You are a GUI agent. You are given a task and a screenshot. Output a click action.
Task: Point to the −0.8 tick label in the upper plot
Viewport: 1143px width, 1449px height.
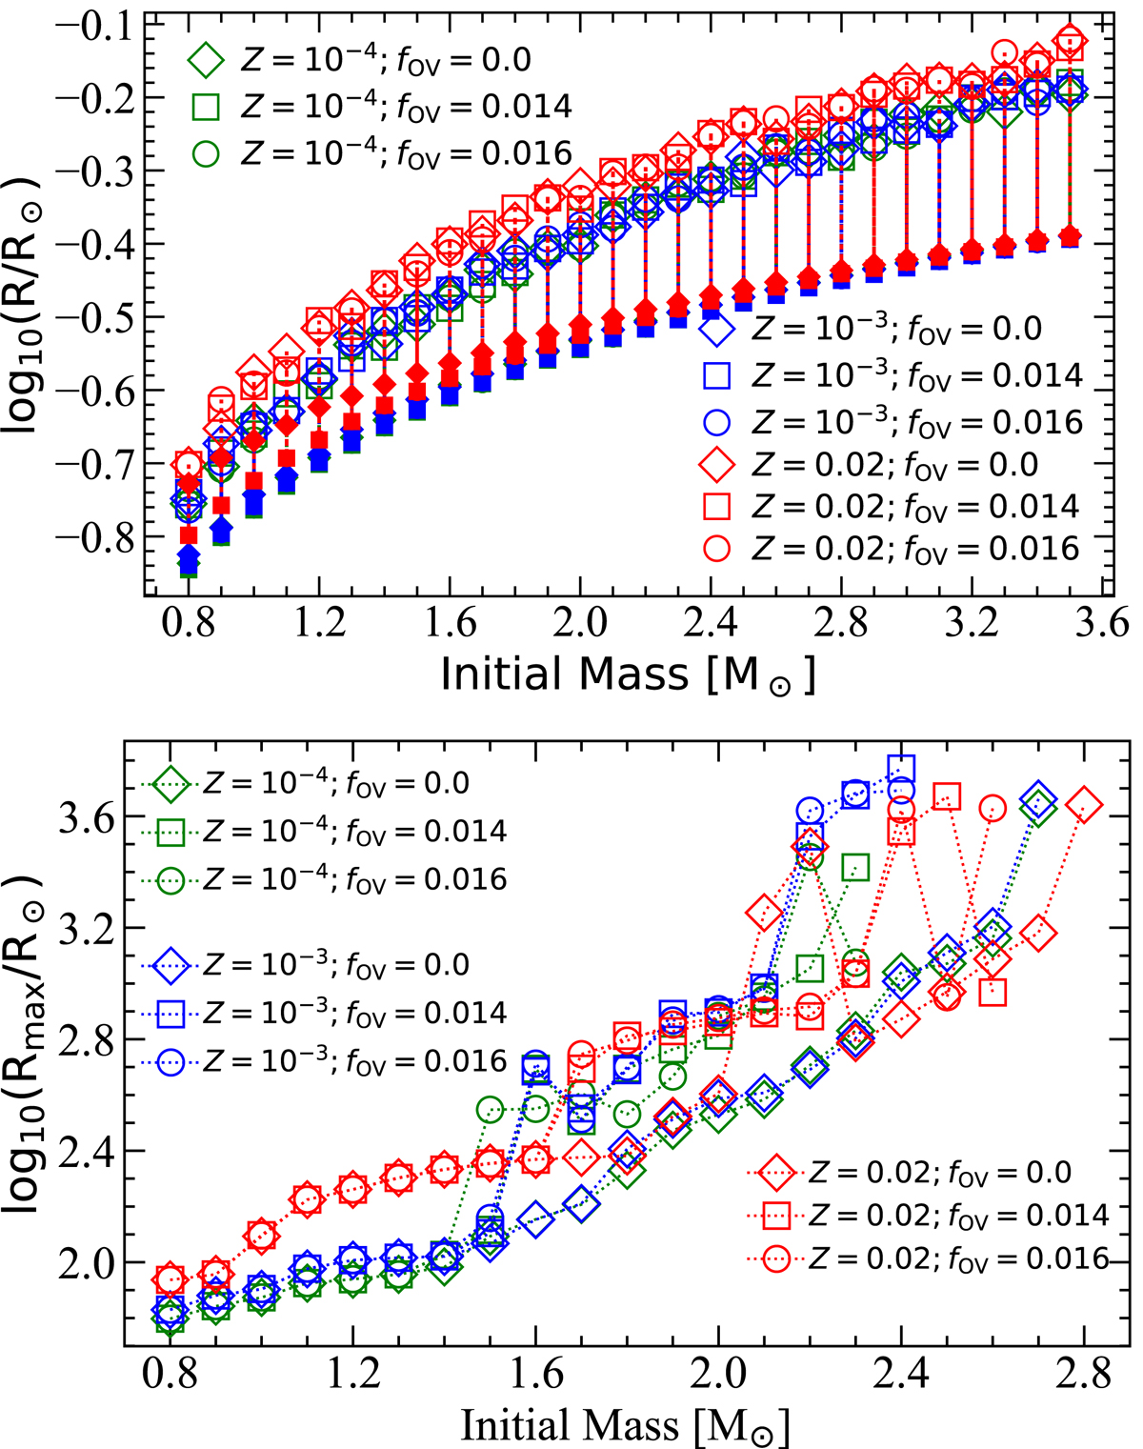(96, 537)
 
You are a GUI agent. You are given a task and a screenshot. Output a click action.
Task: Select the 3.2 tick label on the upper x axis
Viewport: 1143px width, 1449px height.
(972, 625)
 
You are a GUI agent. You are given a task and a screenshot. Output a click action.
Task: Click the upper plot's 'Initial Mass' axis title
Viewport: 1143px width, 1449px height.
(629, 674)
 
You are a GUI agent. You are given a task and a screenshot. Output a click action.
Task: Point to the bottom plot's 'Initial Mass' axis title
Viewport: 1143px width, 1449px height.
(626, 1425)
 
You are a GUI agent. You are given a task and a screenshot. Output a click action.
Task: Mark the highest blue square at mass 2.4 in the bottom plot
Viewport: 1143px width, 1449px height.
(901, 768)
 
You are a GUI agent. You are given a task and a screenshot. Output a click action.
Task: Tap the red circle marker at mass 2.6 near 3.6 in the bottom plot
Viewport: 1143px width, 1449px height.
(993, 809)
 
